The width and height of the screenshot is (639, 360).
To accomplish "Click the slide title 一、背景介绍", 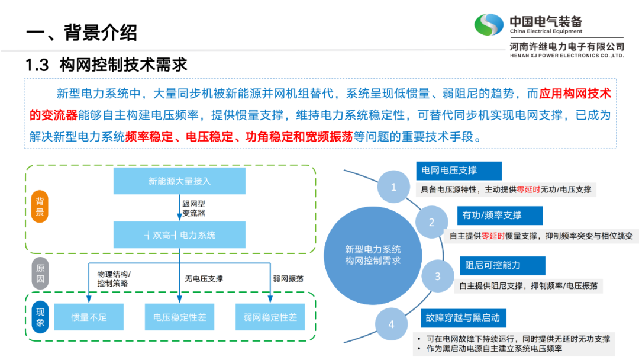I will [82, 33].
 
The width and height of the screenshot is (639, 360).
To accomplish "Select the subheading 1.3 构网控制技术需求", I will [106, 65].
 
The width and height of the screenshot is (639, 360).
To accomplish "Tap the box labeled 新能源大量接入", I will [179, 181].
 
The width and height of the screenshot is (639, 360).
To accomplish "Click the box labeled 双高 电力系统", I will [179, 235].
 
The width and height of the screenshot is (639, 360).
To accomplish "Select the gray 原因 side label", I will [40, 274].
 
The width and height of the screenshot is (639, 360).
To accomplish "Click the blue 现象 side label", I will [40, 317].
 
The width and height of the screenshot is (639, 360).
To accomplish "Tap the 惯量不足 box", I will [89, 317].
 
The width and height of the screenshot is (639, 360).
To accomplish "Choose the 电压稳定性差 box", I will [179, 317].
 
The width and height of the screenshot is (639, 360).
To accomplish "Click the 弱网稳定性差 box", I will [270, 317].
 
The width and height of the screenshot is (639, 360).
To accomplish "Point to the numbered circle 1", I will [393, 187].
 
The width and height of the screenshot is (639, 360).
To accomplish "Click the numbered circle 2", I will [431, 223].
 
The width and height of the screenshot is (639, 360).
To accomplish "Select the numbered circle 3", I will [437, 276].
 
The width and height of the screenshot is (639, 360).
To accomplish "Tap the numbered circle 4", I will [391, 324].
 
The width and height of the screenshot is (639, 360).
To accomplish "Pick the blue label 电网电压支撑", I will [459, 171].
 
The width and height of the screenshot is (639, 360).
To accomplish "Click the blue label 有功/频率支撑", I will [492, 215].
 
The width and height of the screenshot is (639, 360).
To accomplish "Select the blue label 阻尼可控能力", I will [502, 265].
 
